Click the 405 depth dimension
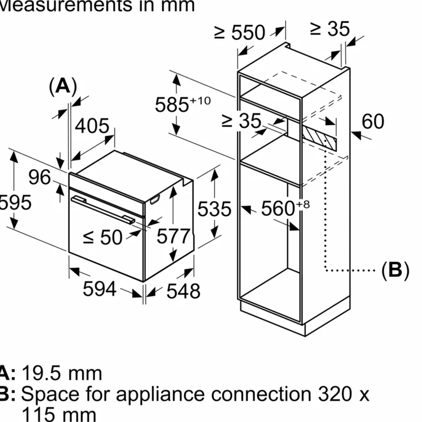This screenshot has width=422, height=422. [92, 126]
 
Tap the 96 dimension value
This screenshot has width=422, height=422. [40, 177]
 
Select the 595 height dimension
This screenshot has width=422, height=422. [15, 202]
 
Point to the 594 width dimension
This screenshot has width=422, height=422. [99, 289]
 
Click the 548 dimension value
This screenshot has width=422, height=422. [183, 291]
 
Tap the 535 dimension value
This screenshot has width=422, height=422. [214, 209]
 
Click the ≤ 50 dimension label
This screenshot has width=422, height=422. [103, 237]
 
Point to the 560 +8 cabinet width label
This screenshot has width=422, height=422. [285, 208]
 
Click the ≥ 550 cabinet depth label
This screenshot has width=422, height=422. [240, 32]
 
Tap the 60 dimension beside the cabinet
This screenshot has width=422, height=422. [373, 121]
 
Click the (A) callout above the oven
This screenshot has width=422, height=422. [63, 87]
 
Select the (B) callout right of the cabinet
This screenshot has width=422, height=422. [395, 270]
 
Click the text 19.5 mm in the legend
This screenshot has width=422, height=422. [62, 374]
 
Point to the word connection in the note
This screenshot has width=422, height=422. [261, 394]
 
